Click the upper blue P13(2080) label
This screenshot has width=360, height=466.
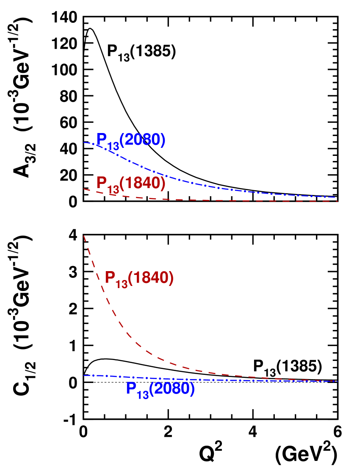(x=130, y=141)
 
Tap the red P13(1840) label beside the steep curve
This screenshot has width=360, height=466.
(x=139, y=279)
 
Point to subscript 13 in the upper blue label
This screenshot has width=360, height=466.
(x=113, y=147)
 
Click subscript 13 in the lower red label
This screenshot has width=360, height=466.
(x=122, y=284)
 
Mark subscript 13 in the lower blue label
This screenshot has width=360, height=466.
(x=143, y=395)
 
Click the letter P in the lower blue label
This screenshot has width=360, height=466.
(x=131, y=388)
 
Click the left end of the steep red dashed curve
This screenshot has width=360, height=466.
(x=84, y=236)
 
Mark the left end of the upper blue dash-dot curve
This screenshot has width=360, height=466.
(x=84, y=142)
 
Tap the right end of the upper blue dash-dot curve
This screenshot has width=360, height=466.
(x=335, y=197)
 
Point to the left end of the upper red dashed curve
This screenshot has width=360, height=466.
(x=84, y=189)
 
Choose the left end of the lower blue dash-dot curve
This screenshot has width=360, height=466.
(x=84, y=375)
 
